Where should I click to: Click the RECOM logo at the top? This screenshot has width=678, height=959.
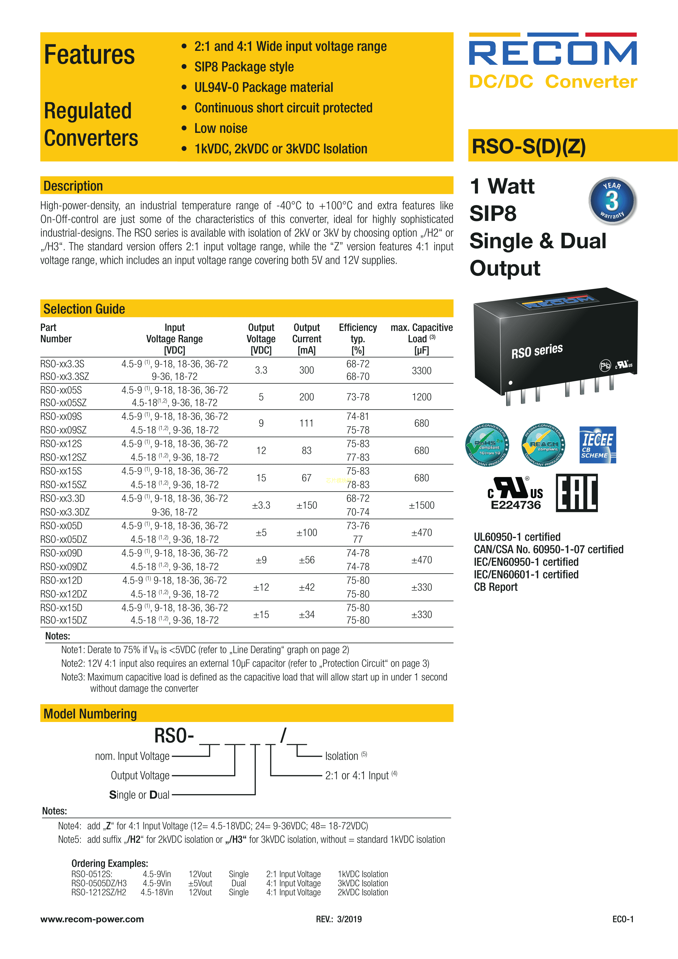pos(553,49)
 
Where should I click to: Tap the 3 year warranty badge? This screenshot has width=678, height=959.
pos(612,200)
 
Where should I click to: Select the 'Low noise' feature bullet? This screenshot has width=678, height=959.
pos(221,128)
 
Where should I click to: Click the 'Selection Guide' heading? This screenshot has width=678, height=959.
pos(84,309)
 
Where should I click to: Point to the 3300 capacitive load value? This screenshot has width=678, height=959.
pos(422,370)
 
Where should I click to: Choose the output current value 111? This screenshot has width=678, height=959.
pos(306,423)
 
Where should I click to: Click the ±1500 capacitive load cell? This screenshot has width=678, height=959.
pos(422,505)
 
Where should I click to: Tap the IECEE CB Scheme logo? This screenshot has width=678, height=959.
pos(597,445)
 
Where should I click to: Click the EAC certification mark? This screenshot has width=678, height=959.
pos(577,493)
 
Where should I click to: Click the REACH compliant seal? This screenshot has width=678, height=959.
pos(543,445)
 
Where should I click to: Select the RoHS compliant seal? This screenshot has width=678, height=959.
pos(487,445)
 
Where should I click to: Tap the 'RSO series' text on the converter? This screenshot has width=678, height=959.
pos(537,351)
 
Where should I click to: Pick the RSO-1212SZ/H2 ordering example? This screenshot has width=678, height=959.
pos(99,892)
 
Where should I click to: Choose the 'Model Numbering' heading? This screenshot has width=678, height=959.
pos(90,714)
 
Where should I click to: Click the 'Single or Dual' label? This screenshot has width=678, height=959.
pos(139,795)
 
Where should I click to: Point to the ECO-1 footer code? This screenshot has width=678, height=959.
pos(623,919)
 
